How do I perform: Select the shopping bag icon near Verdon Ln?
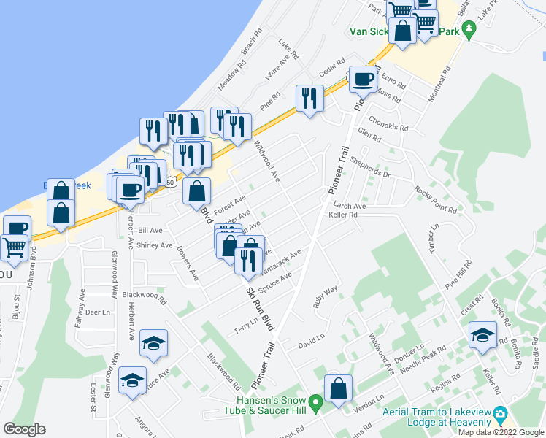pyautogui.click(x=339, y=388)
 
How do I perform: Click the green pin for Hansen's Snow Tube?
pyautogui.click(x=315, y=402)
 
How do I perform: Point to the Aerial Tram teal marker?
pyautogui.click(x=501, y=415)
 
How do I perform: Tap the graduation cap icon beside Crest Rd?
pyautogui.click(x=482, y=334)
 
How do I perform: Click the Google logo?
pyautogui.click(x=24, y=429)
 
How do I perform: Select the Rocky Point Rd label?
pyautogui.click(x=435, y=199)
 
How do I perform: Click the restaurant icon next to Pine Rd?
pyautogui.click(x=309, y=98)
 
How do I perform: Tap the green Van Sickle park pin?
pyautogui.click(x=469, y=31)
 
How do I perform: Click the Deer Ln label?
pyautogui.click(x=97, y=311)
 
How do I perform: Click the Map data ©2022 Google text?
pyautogui.click(x=501, y=432)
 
